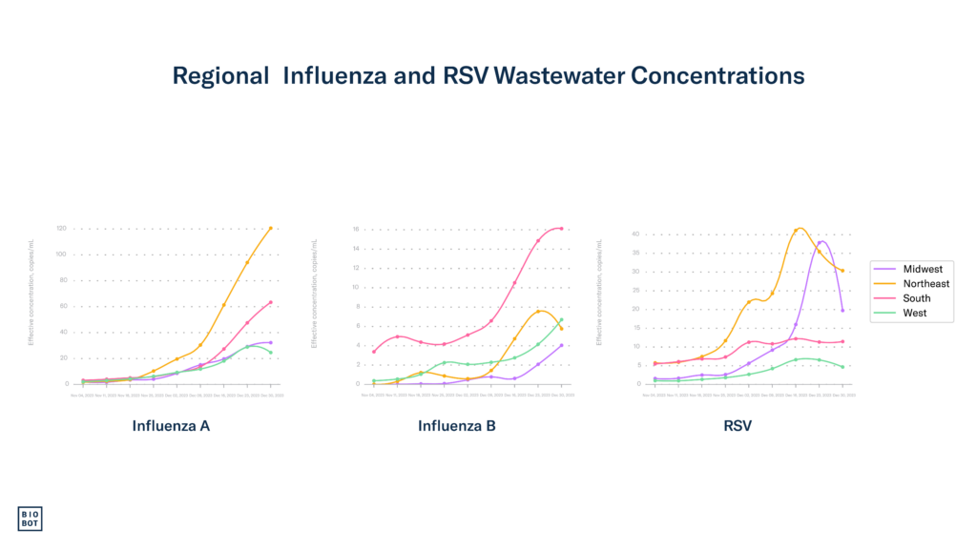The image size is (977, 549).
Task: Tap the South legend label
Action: tap(916, 298)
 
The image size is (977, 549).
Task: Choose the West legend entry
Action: tap(914, 313)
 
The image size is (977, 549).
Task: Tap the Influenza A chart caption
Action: tap(172, 426)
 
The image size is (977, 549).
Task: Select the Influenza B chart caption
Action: tap(457, 426)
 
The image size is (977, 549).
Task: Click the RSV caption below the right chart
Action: tap(738, 426)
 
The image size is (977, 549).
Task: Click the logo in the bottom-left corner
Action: tap(31, 518)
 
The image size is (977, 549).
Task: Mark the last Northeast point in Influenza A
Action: tap(271, 229)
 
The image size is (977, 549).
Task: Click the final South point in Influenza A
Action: tap(271, 302)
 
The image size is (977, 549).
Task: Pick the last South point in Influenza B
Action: tap(562, 229)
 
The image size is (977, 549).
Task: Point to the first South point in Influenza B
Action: tap(373, 352)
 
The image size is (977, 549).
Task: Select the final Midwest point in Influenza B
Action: tap(562, 345)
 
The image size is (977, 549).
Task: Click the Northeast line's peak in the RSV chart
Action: tap(800, 229)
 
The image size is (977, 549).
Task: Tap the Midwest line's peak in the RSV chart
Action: tap(821, 241)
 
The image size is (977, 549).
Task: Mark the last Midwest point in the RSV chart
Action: tap(843, 311)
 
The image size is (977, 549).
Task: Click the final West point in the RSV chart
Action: tap(843, 367)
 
